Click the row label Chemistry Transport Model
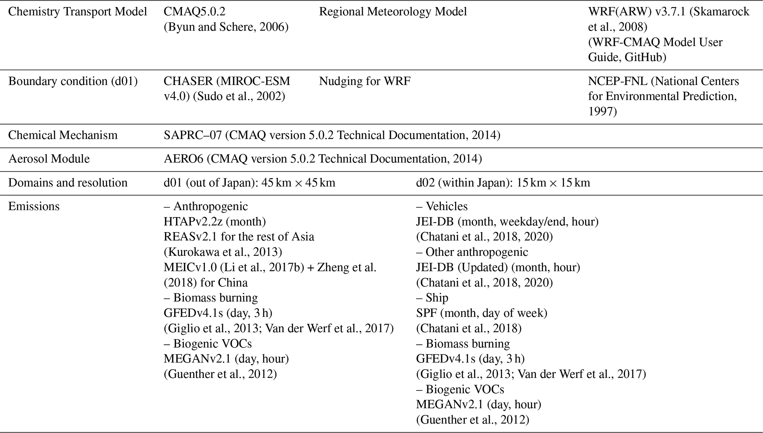78,12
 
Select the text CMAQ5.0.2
194,12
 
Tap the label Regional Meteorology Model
393,12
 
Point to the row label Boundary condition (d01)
73,81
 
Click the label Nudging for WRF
365,81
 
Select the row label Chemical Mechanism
63,135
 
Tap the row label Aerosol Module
49,159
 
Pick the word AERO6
183,159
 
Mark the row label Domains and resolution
68,183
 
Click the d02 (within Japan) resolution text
503,183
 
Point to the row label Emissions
34,206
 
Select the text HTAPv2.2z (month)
214,221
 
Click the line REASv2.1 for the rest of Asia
239,237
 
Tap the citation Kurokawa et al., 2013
223,252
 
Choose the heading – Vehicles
442,206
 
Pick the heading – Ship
432,298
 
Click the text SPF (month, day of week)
481,313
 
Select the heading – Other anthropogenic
472,252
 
